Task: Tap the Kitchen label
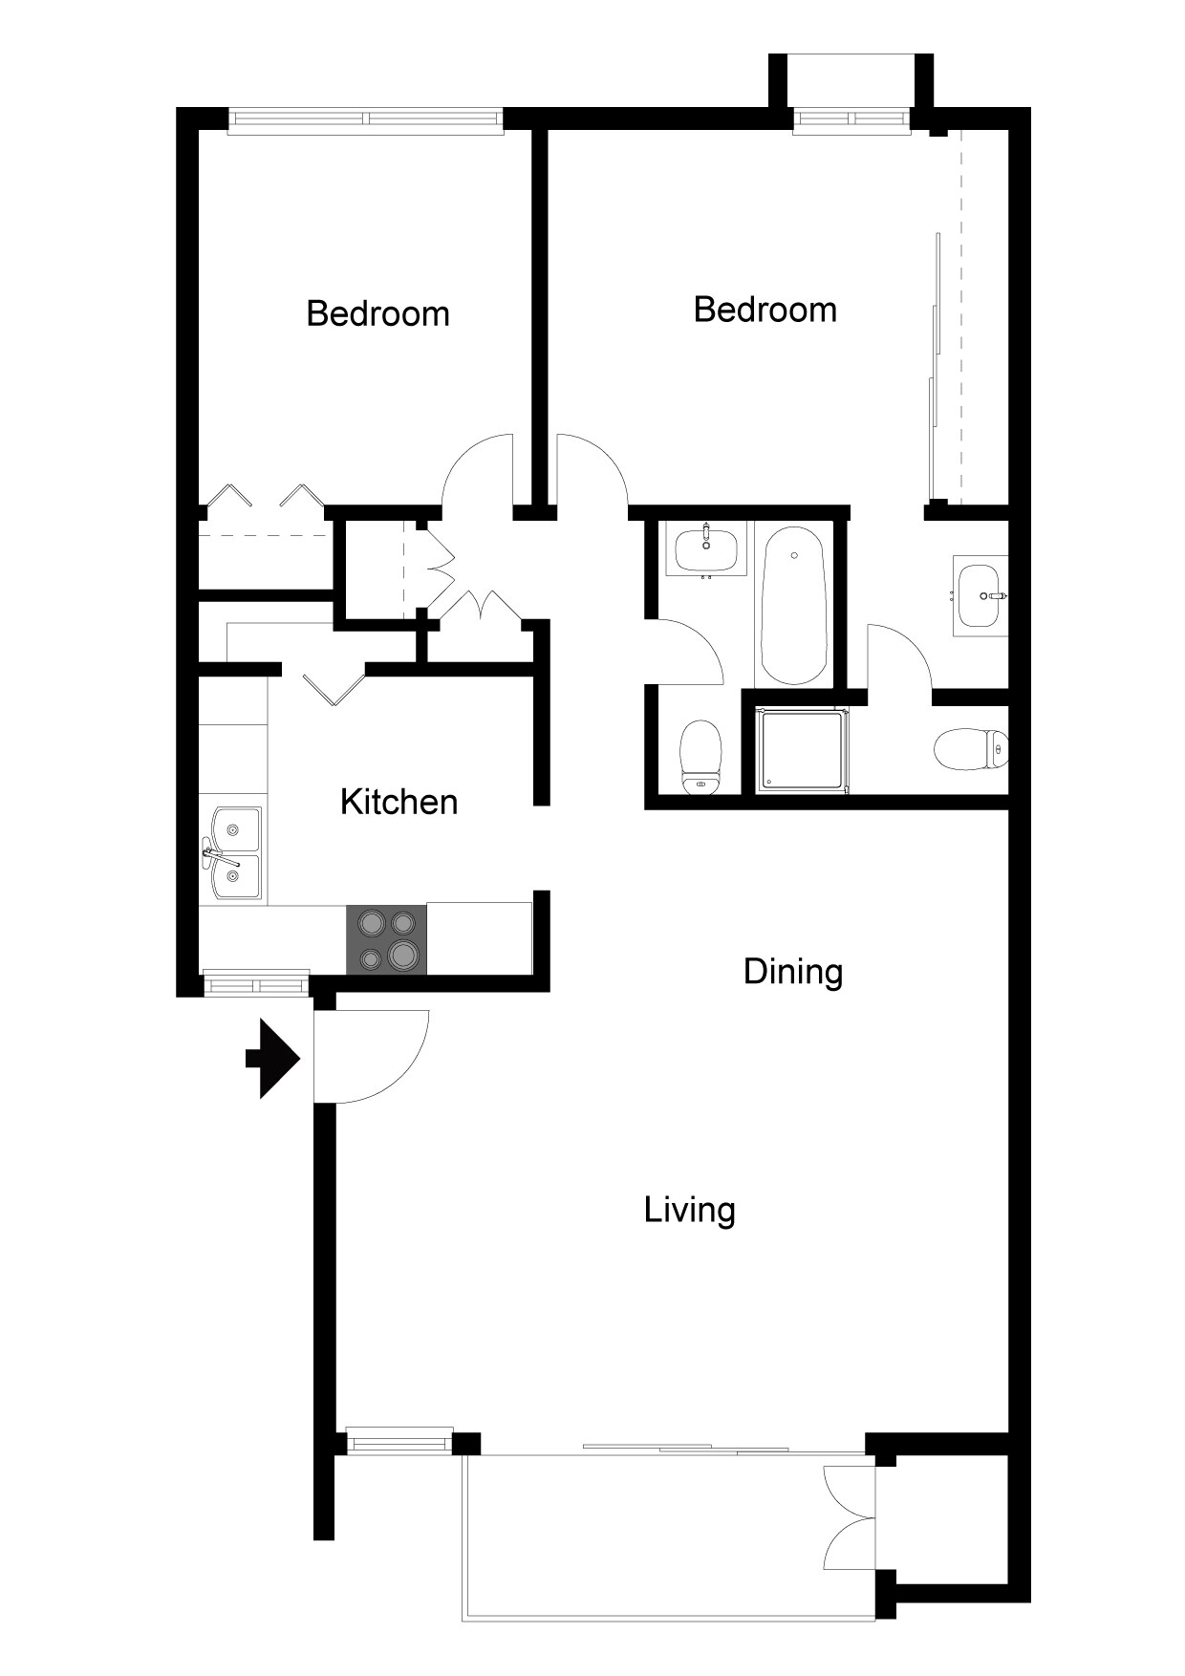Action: coord(399,802)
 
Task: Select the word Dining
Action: coord(793,973)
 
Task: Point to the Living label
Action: coord(689,1211)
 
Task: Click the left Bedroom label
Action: coord(377,313)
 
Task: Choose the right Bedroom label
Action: coord(765,310)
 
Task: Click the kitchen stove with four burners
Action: coord(386,938)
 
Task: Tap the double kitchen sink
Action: coord(234,853)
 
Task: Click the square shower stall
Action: coord(802,749)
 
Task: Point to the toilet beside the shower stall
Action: coord(971,749)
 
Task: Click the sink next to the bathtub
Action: coord(706,549)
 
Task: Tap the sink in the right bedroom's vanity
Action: coord(980,595)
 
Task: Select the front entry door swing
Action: coord(373,1056)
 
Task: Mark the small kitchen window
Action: coord(256,984)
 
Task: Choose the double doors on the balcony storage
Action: coord(849,1516)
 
